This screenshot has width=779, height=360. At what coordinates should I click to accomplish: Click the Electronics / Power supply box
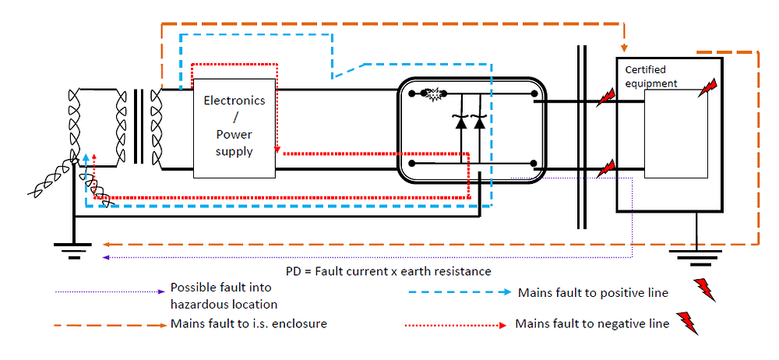point(234,127)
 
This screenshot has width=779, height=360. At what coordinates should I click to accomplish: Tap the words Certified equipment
point(651,76)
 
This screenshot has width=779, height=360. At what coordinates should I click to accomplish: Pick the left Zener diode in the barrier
point(460,122)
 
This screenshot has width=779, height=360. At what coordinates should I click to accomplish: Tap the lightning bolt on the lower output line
point(605,166)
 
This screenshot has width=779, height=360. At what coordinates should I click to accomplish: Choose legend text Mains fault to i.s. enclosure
point(248,323)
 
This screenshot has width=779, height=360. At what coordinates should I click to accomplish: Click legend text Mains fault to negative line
point(591,323)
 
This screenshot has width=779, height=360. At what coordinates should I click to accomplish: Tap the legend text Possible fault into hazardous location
point(224,296)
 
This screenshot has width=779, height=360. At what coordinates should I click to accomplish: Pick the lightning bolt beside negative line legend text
point(688,321)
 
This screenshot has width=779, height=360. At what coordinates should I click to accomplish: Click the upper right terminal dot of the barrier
point(534,98)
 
